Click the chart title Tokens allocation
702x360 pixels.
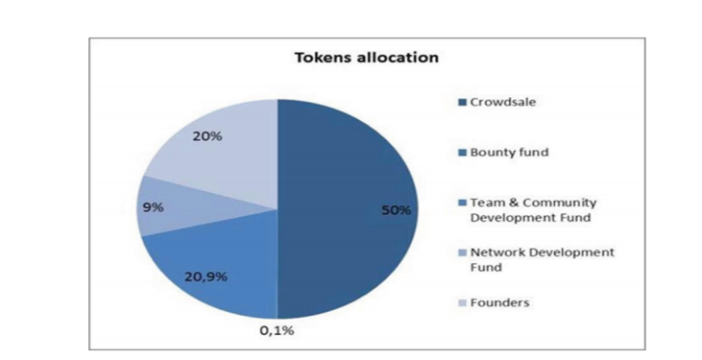(366, 58)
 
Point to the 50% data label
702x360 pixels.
(396, 210)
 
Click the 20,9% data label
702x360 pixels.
(206, 277)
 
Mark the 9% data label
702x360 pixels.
(153, 207)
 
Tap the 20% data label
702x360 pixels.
(206, 136)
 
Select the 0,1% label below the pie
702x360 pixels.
(278, 331)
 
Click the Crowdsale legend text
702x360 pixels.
(503, 102)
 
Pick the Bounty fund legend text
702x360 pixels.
(509, 153)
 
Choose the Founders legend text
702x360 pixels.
(499, 302)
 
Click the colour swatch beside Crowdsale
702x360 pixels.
(463, 103)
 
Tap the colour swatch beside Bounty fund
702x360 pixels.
(463, 153)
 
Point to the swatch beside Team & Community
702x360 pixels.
(463, 203)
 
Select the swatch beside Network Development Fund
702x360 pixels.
(463, 253)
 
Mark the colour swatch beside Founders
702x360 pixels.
(463, 303)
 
